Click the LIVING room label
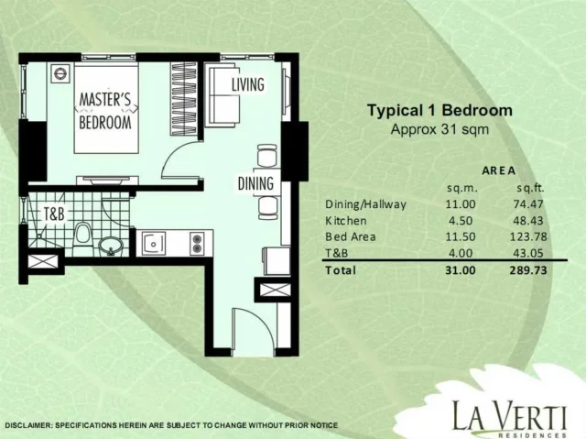coord(248,84)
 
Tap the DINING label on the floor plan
coord(255,183)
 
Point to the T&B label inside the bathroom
coord(54,214)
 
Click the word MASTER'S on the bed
coord(105,100)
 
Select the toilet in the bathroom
coord(82,235)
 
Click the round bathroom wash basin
coord(111,246)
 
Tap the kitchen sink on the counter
coord(154,244)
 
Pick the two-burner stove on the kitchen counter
coord(197,244)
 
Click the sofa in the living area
coord(223,95)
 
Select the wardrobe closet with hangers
coord(184,98)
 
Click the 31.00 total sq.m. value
coord(461,270)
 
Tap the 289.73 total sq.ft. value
coord(528,270)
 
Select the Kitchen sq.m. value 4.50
coord(461,221)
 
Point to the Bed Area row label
coord(351,236)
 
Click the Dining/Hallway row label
coord(365,204)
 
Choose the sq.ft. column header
coord(530,188)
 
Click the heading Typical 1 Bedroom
coord(439,110)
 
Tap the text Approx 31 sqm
coord(439,130)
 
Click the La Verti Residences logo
coord(509,418)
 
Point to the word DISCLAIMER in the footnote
coord(28,425)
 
